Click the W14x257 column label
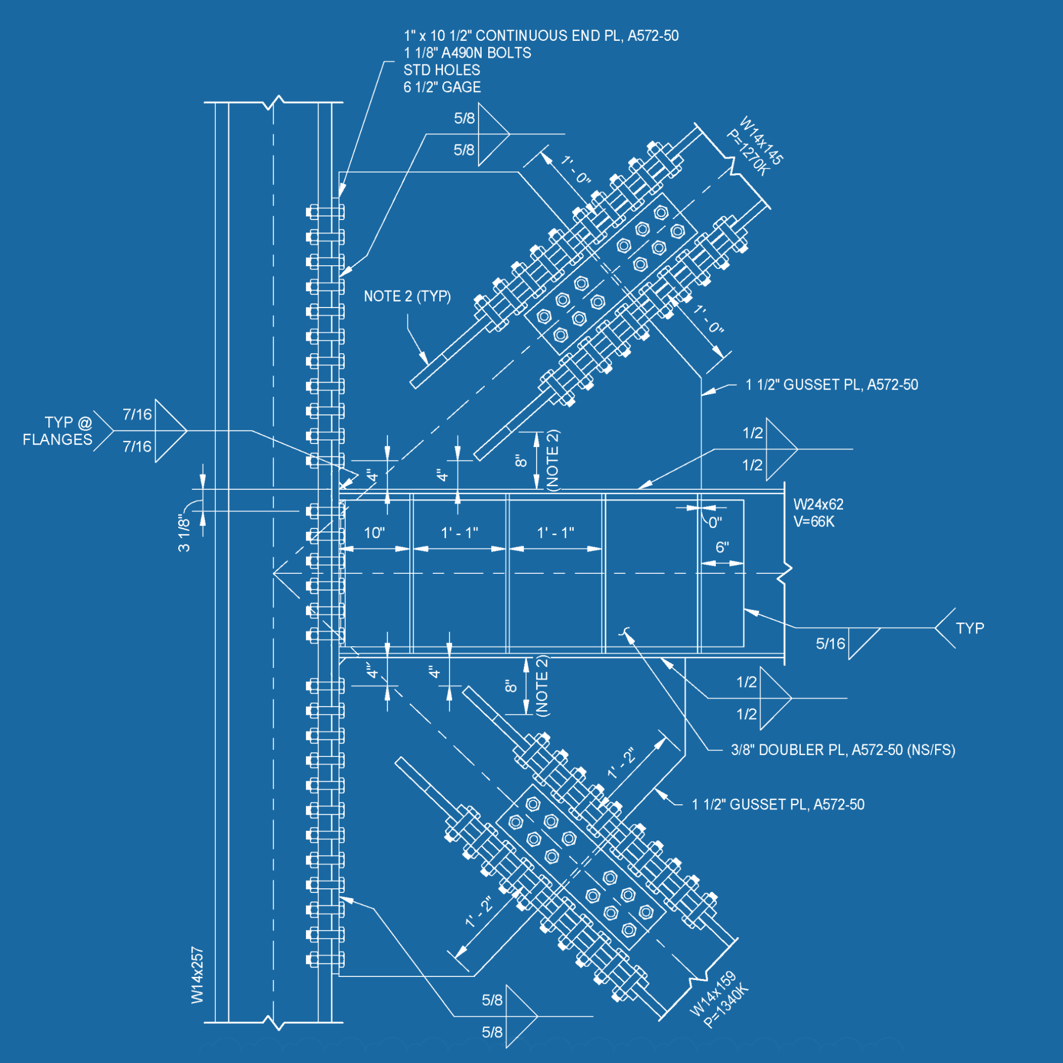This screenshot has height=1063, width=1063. click(x=197, y=974)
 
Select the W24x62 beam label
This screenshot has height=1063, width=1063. click(x=818, y=504)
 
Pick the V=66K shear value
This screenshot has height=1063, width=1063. click(x=814, y=521)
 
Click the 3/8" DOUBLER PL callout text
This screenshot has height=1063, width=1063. click(x=843, y=750)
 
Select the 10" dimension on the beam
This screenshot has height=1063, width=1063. click(x=374, y=533)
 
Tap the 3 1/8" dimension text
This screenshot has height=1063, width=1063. click(x=184, y=533)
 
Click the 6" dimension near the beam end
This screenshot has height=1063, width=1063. click(x=722, y=548)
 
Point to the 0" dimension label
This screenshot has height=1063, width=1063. click(x=715, y=522)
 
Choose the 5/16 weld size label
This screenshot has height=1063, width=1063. click(x=830, y=644)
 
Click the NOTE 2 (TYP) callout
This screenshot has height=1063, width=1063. click(x=407, y=296)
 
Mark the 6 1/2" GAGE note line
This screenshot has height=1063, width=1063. click(x=442, y=87)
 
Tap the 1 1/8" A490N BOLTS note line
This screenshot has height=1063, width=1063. click(x=467, y=53)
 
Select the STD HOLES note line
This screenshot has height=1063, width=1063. click(x=441, y=70)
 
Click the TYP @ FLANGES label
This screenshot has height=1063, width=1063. click(x=58, y=431)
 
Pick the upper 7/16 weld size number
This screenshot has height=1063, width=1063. click(x=137, y=414)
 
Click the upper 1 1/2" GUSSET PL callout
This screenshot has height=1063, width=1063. click(x=831, y=385)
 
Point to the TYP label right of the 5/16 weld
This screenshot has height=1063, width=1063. click(x=969, y=628)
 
